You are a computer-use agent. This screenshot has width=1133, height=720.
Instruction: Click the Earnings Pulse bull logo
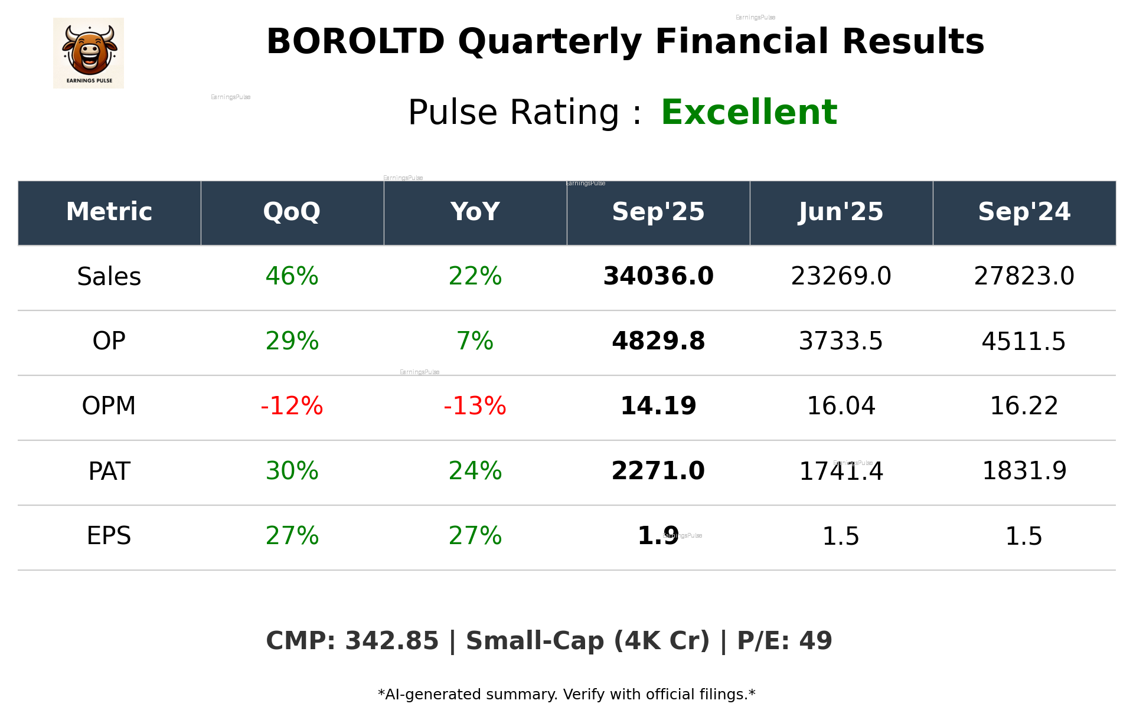click(89, 53)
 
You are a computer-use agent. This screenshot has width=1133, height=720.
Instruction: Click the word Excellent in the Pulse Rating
click(749, 112)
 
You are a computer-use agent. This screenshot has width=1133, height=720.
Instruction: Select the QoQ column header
click(292, 212)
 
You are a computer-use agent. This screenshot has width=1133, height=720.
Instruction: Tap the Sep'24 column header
click(1024, 212)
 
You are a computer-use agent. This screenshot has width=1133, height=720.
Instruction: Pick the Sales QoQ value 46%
click(292, 276)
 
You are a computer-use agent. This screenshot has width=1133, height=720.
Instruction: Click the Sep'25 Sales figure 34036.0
click(658, 276)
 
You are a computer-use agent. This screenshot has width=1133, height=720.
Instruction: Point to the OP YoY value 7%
click(475, 341)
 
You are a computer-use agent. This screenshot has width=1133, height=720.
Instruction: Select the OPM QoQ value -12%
click(292, 406)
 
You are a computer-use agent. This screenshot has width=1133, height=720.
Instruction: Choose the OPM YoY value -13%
click(475, 406)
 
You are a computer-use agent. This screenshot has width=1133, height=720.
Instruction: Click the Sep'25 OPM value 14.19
click(658, 406)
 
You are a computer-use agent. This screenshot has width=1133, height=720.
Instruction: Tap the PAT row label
click(109, 471)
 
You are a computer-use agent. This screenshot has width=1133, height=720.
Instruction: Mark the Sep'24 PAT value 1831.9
click(1024, 471)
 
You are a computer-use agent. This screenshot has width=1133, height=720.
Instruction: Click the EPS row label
click(109, 536)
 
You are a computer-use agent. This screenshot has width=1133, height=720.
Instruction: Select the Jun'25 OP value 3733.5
click(841, 341)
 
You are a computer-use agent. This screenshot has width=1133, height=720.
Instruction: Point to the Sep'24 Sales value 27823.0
click(1024, 276)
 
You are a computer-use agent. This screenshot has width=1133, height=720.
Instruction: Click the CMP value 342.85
click(391, 641)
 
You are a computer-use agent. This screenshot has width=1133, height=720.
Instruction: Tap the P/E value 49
click(815, 641)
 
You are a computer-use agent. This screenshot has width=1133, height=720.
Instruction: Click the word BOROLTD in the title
click(355, 42)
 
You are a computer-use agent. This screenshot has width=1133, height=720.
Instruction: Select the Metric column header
click(109, 212)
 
